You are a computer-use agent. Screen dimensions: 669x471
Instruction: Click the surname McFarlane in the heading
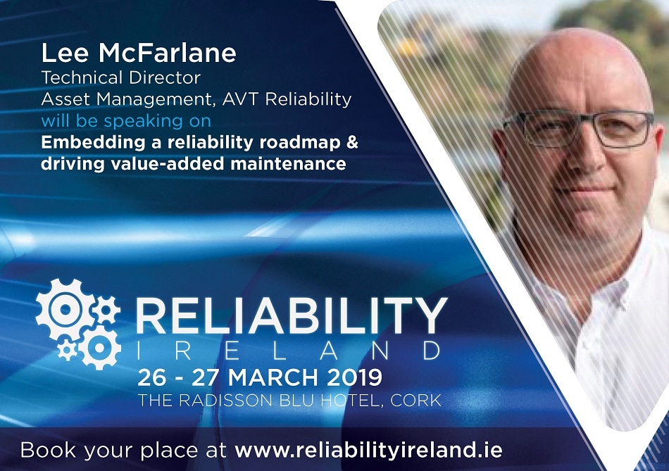click(x=168, y=53)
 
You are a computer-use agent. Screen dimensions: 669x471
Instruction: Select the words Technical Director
click(x=120, y=77)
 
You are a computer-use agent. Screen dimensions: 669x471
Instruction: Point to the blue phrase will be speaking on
click(x=126, y=121)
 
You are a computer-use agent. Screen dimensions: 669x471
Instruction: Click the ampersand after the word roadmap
click(x=351, y=142)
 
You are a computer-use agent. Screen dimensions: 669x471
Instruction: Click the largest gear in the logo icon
click(x=64, y=309)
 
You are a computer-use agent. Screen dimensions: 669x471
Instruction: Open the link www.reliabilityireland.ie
click(x=368, y=451)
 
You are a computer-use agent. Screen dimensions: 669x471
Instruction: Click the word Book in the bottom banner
click(x=48, y=451)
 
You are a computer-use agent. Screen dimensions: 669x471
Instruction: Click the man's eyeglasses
click(x=578, y=128)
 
